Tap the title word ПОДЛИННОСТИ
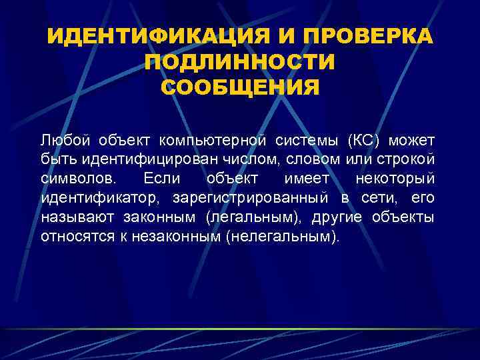[240, 61]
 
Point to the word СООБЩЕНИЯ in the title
[240, 87]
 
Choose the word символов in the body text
[77, 179]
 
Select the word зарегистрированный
[250, 199]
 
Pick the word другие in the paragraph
[341, 217]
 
